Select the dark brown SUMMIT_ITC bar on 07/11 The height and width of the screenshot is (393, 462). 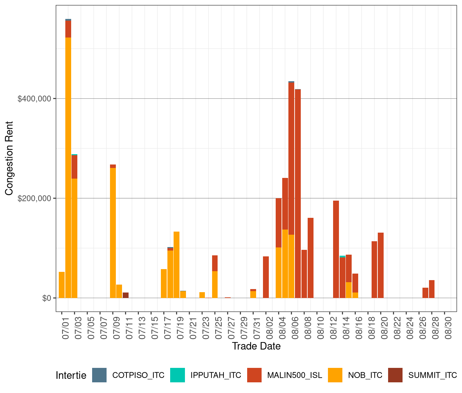click(x=125, y=295)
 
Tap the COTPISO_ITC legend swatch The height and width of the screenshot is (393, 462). click(x=99, y=375)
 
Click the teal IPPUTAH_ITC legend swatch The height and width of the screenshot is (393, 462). click(x=177, y=375)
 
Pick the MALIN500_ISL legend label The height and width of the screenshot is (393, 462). click(x=295, y=375)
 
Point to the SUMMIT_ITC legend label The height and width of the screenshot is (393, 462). click(x=432, y=375)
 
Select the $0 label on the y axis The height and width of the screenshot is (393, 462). click(x=47, y=298)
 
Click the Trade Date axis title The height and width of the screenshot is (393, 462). click(x=256, y=346)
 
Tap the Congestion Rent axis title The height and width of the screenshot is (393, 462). click(x=9, y=158)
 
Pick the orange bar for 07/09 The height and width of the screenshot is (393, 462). click(x=113, y=233)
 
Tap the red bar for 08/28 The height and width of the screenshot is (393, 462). click(x=432, y=289)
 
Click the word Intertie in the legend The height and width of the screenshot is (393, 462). click(x=71, y=375)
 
